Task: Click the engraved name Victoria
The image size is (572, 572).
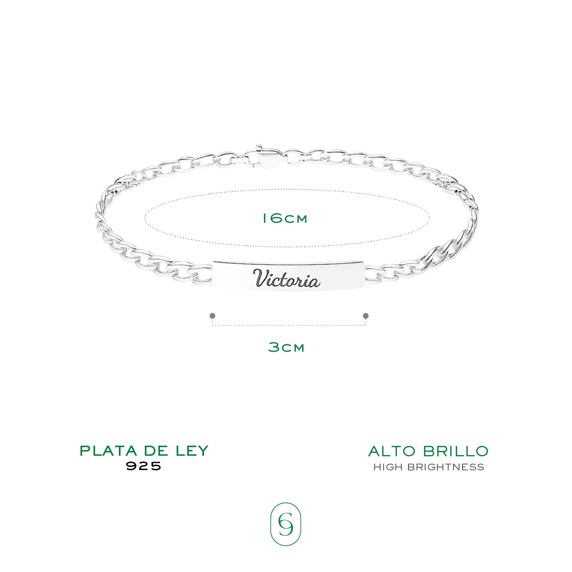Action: [286, 278]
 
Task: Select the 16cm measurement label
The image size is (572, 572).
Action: [285, 219]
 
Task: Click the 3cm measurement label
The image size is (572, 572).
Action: [286, 347]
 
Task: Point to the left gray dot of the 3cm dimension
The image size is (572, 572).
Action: [212, 316]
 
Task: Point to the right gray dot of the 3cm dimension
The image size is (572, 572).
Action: [366, 316]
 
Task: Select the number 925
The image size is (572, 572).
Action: [144, 466]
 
